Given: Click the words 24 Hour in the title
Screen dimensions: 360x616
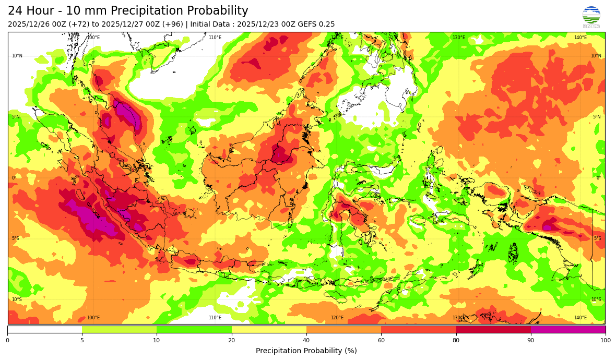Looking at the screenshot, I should click(x=29, y=11).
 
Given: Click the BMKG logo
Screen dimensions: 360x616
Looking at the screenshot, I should click(x=591, y=17).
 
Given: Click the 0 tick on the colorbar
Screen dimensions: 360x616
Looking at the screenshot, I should click(x=7, y=341).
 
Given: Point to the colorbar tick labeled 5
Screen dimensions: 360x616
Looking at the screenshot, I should click(x=82, y=341).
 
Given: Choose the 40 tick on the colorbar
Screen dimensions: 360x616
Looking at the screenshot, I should click(x=306, y=341).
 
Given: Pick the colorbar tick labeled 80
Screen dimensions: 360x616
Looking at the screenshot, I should click(x=456, y=341).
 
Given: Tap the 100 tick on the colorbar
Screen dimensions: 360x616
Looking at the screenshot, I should click(x=605, y=341).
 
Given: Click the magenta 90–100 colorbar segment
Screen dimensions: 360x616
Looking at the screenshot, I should click(x=568, y=329).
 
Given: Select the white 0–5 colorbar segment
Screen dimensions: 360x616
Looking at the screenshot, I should click(x=44, y=329).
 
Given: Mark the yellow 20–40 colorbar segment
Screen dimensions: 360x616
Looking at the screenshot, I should click(x=269, y=329).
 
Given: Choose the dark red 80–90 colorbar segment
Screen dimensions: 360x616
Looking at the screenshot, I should click(x=493, y=329).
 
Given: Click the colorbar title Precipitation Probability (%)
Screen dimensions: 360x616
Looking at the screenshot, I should click(x=306, y=351).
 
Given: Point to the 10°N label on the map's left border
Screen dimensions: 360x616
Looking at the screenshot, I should click(x=17, y=56).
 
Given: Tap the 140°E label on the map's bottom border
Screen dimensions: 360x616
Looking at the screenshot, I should click(x=580, y=318).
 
